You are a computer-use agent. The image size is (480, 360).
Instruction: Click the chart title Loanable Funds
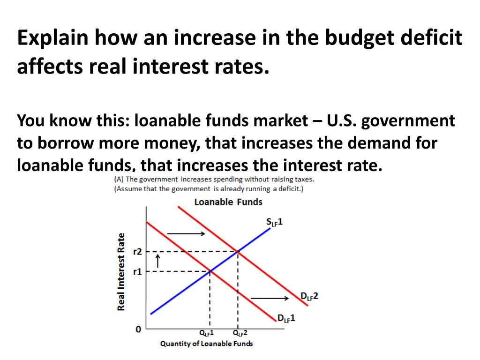(228, 202)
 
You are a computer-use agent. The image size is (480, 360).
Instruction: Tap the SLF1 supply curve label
(274, 222)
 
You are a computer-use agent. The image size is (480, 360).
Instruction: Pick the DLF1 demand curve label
(286, 318)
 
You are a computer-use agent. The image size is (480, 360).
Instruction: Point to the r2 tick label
(137, 252)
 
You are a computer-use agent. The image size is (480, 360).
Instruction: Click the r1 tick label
(137, 271)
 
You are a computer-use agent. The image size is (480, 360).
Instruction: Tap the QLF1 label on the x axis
(207, 333)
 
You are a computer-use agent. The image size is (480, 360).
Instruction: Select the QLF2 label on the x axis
(240, 333)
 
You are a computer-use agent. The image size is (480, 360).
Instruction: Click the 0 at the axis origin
(138, 330)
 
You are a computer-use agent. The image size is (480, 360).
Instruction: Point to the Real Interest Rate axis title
(121, 271)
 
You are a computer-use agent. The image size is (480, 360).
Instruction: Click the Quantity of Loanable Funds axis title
(206, 344)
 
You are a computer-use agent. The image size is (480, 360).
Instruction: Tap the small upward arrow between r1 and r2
(157, 260)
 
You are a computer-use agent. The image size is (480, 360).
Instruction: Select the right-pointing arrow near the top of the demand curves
(186, 233)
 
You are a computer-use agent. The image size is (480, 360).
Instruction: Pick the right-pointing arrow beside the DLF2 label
(270, 298)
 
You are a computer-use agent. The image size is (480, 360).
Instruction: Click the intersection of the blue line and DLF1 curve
(210, 271)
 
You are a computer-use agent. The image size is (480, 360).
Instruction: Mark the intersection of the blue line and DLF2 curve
(238, 252)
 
